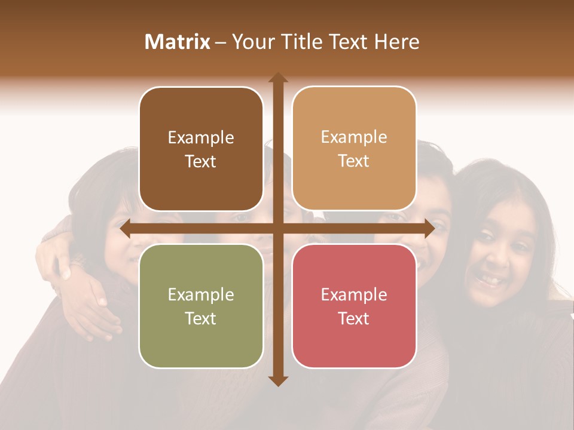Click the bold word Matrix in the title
coord(178,42)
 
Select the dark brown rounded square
coord(201,149)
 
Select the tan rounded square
coord(354,149)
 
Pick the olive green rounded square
coord(201,306)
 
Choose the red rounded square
coord(354,306)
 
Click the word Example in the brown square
coord(201,138)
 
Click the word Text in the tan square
coord(354,161)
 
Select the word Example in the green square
coord(201,295)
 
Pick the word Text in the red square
coord(354,318)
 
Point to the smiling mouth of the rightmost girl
coord(490,279)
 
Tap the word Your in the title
coord(252,42)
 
